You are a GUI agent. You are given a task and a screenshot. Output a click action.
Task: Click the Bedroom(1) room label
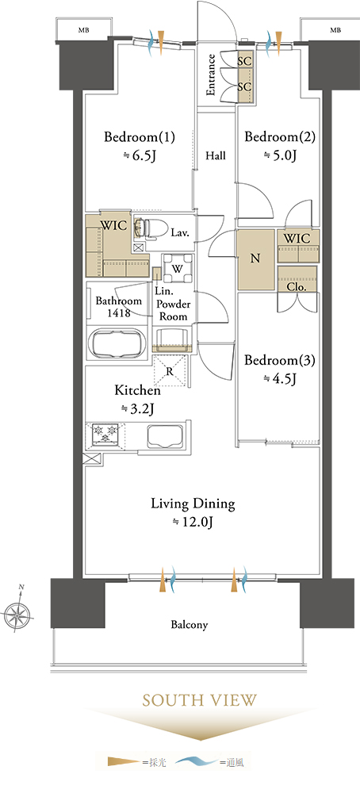pyautogui.click(x=140, y=137)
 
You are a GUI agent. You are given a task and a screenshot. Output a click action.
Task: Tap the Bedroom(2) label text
pyautogui.click(x=280, y=137)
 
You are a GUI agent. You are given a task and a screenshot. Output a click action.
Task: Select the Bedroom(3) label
pyautogui.click(x=280, y=361)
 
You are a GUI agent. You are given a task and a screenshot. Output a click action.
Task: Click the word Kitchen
pyautogui.click(x=137, y=390)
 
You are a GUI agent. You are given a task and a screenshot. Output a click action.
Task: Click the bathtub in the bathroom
pyautogui.click(x=117, y=343)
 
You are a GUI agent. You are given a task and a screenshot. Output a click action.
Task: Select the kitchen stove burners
pyautogui.click(x=105, y=434)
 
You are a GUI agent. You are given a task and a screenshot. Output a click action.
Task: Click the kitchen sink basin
pyautogui.click(x=166, y=435)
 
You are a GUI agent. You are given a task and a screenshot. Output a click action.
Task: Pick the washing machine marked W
pyautogui.click(x=177, y=270)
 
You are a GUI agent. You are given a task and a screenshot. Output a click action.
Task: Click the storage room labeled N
pyautogui.click(x=256, y=259)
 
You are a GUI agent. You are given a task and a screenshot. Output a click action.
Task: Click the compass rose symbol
pyautogui.click(x=17, y=614)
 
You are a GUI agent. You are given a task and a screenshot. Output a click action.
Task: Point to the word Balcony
pyautogui.click(x=189, y=625)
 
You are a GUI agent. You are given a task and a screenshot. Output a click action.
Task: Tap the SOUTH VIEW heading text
pyautogui.click(x=200, y=700)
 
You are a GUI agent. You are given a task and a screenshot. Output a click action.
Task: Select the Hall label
pyautogui.click(x=216, y=155)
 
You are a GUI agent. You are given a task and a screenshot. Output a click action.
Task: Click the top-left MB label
pyautogui.click(x=83, y=30)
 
